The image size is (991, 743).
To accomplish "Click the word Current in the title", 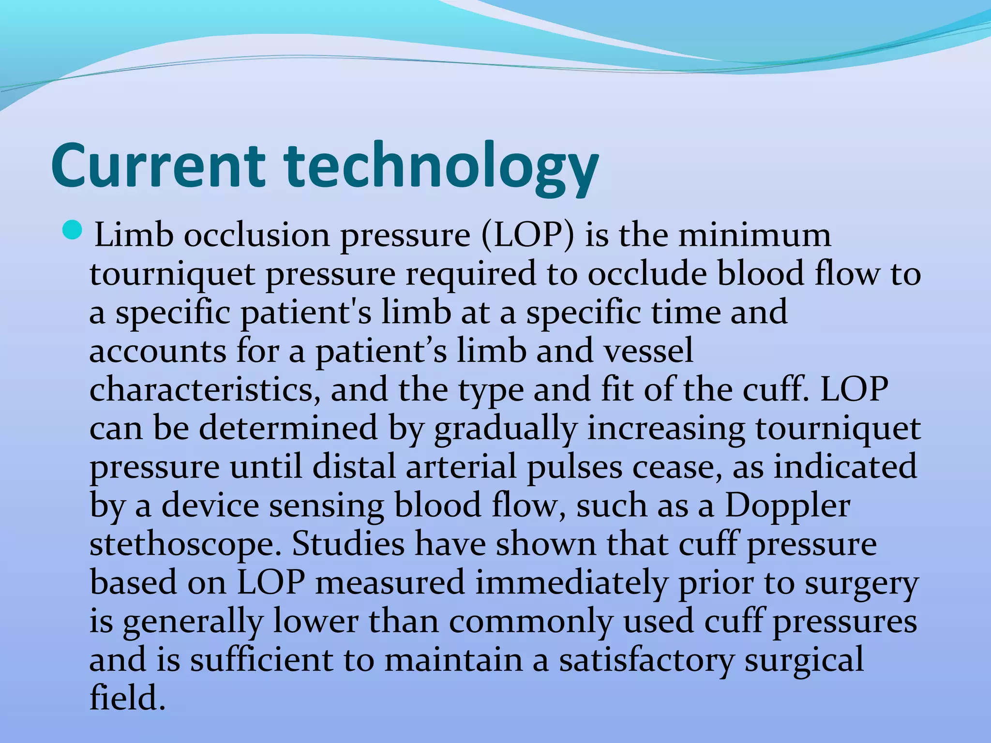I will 158,166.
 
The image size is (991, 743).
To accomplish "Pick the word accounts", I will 158,352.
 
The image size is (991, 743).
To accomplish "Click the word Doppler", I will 787,506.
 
